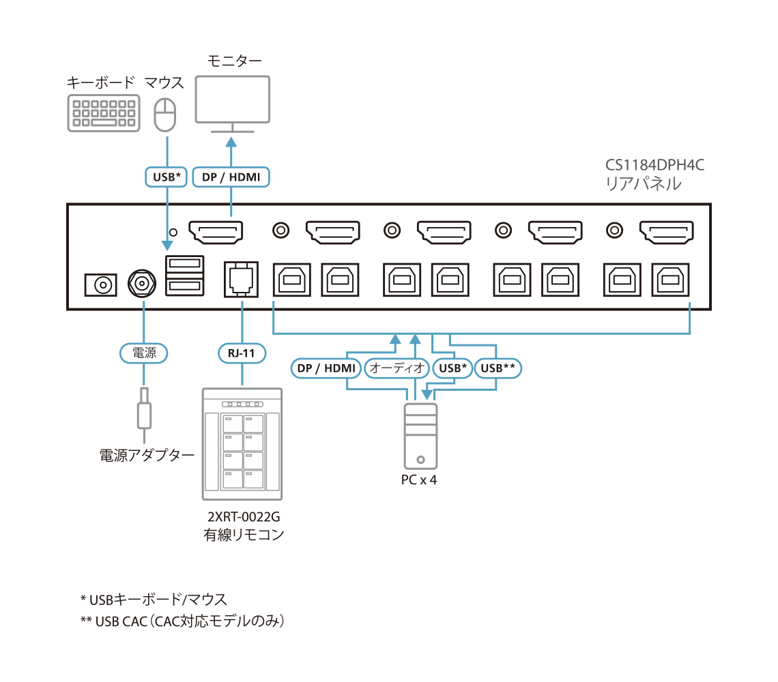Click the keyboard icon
[104, 113]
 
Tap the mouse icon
[164, 114]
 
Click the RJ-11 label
[242, 353]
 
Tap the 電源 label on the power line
[143, 353]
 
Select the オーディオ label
[397, 368]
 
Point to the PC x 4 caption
[418, 480]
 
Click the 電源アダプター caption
[147, 456]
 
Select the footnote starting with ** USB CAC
[182, 621]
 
